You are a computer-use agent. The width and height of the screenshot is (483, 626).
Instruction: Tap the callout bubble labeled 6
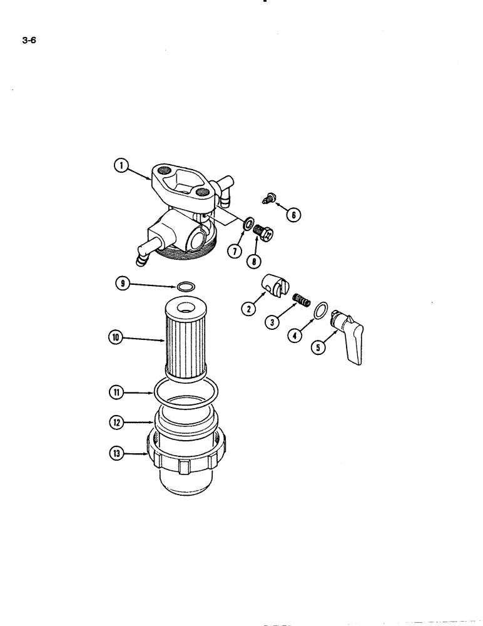click(x=292, y=215)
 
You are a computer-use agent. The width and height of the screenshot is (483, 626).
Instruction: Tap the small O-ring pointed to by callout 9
click(x=185, y=287)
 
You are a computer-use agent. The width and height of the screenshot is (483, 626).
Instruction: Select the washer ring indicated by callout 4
click(x=319, y=310)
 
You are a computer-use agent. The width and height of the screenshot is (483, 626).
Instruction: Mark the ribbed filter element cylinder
click(x=185, y=344)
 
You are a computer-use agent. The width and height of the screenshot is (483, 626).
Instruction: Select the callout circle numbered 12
click(x=116, y=423)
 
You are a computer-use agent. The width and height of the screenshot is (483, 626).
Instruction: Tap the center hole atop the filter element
click(x=186, y=307)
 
